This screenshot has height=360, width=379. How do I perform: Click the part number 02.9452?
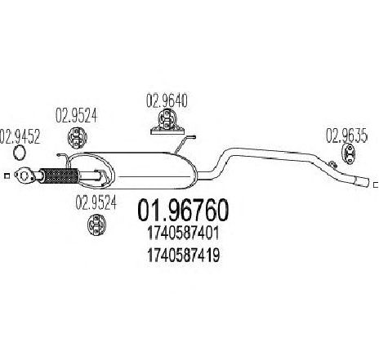(20, 136)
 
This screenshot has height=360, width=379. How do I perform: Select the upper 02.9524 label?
(76, 116)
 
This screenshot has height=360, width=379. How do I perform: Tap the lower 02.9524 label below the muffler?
(96, 202)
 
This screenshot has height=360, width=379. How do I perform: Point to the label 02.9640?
(167, 100)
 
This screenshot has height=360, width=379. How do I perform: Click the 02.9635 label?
(347, 136)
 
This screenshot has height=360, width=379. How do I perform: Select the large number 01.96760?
(183, 211)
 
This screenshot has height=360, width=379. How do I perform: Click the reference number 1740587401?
(183, 233)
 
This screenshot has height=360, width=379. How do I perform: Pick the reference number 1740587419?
(183, 256)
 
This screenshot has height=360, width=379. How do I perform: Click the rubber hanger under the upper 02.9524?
(77, 137)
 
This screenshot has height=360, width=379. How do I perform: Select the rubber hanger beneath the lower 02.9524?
(96, 224)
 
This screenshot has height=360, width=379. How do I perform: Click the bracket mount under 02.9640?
(167, 122)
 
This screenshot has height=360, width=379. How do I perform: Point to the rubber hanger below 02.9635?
(348, 154)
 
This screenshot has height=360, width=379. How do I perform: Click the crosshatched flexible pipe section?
(59, 176)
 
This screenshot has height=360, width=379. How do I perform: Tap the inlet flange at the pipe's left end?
(25, 176)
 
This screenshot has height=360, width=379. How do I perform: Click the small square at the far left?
(7, 176)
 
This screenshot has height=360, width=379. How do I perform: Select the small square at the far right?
(377, 185)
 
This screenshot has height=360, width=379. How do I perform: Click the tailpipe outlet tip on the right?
(363, 182)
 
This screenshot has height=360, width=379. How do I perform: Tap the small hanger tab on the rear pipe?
(332, 164)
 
